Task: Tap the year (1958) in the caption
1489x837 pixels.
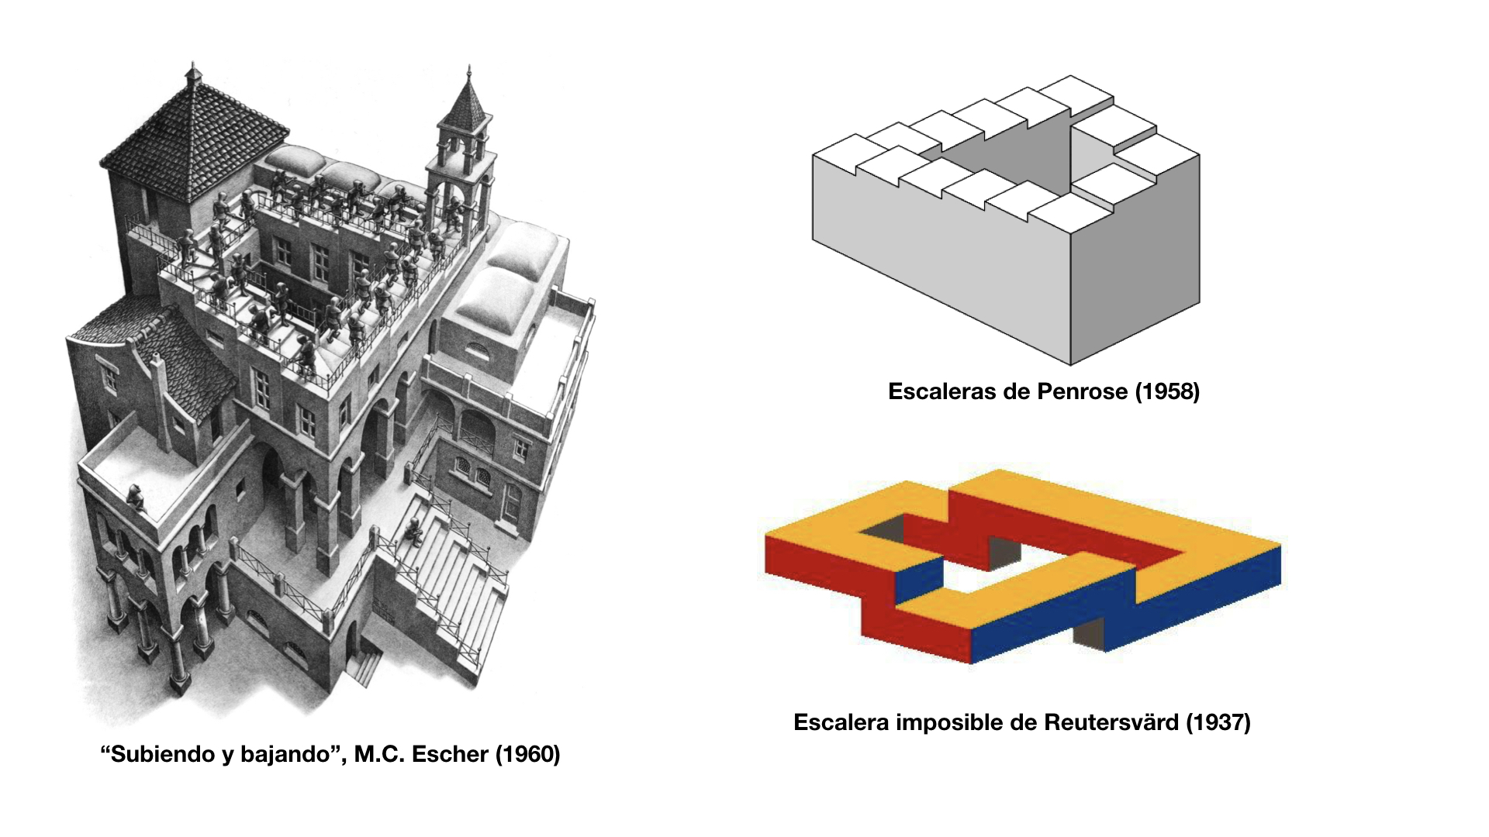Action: pos(1167,391)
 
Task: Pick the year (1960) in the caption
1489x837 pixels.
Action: pos(527,754)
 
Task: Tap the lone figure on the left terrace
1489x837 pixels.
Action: pos(135,497)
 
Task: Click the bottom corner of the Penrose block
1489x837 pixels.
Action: pos(1070,363)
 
